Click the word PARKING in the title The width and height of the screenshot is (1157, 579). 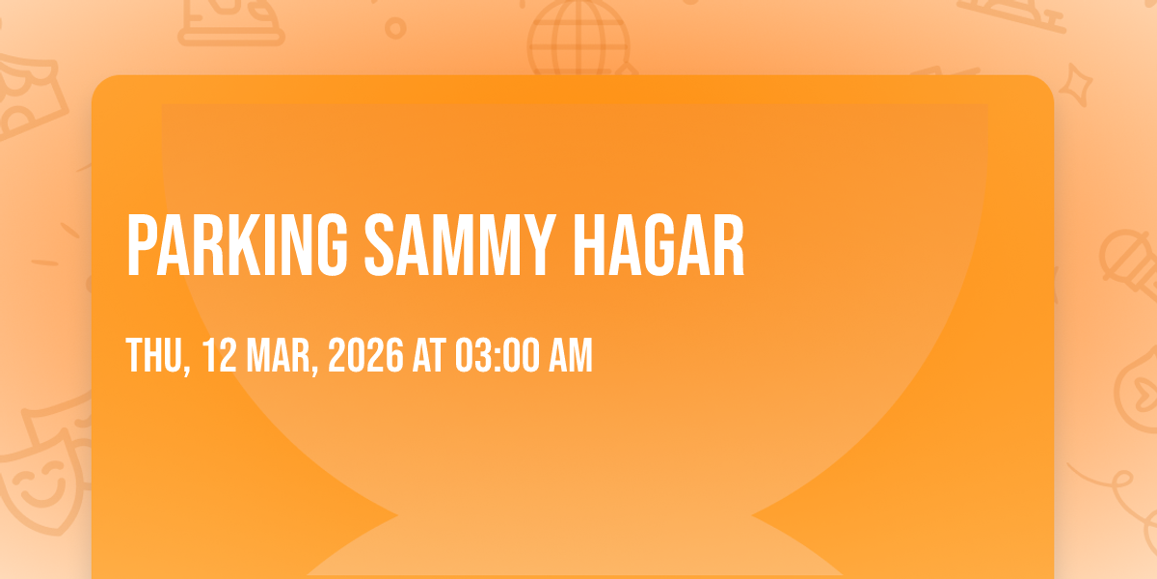[237, 244]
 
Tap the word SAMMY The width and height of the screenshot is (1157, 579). [460, 244]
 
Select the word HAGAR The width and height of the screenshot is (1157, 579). [659, 244]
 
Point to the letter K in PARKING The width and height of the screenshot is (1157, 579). [241, 244]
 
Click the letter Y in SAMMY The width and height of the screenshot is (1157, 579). [537, 244]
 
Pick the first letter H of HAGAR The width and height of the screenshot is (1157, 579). [589, 244]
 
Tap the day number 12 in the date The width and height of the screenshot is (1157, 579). [219, 355]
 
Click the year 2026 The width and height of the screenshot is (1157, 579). [365, 355]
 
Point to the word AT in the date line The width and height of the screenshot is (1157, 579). [429, 355]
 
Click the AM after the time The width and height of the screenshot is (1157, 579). [570, 355]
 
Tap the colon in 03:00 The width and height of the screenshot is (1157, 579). [497, 357]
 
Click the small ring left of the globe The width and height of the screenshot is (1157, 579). [395, 28]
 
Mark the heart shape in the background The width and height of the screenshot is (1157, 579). [1144, 393]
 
